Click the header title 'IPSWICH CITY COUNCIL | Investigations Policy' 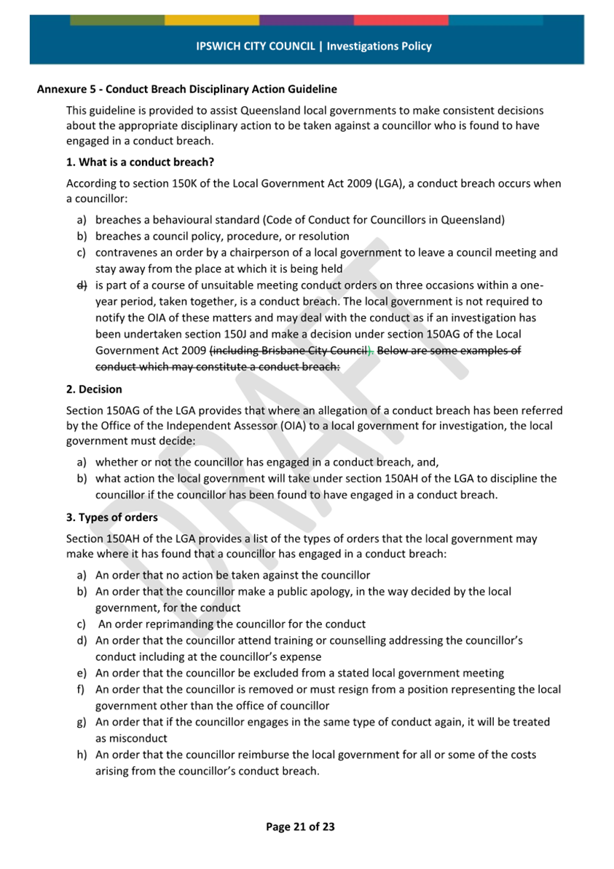314,46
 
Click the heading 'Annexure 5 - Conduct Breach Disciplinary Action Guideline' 186,90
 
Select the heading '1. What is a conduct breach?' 140,161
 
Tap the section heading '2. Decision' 94,389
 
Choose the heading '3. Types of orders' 111,517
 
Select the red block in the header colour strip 401,20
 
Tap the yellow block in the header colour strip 212,20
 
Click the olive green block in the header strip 117,20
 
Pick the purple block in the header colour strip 307,20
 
